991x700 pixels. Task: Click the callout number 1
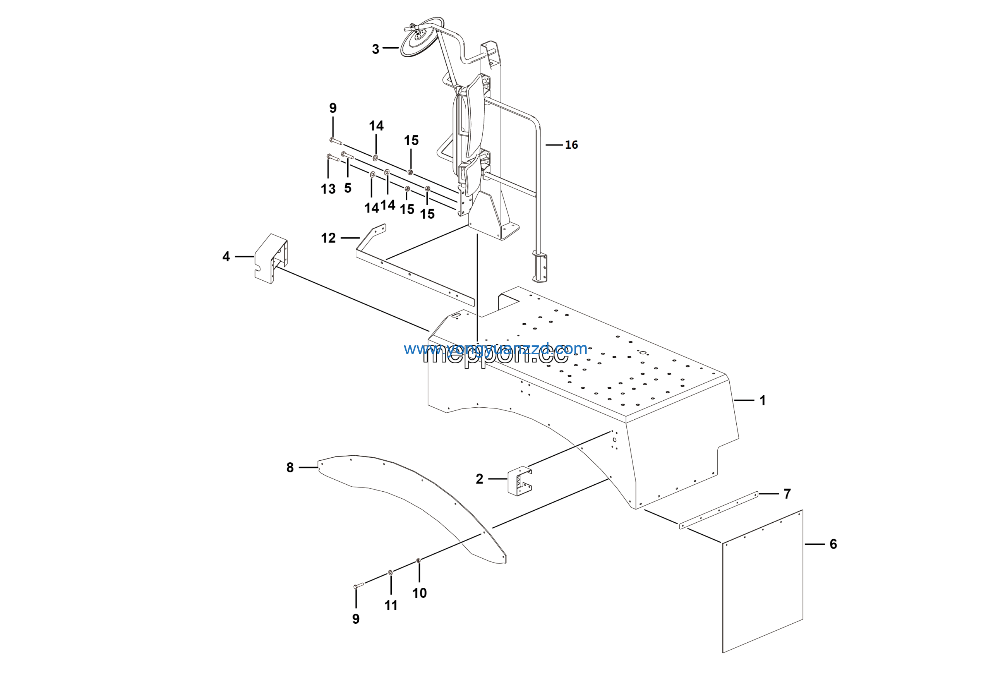[x=763, y=400]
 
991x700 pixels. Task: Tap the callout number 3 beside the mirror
[x=375, y=49]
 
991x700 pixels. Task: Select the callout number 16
[x=571, y=145]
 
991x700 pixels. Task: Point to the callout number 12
[x=328, y=238]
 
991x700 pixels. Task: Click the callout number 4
[x=226, y=257]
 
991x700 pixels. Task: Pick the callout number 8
[x=290, y=467]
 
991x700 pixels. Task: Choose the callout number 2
[x=479, y=479]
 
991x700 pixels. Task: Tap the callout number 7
[x=787, y=494]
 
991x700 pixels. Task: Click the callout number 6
[x=833, y=544]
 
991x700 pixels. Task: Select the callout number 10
[x=420, y=593]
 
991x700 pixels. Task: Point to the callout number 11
[x=391, y=606]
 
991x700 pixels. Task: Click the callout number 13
[x=328, y=189]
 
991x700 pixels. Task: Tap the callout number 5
[x=348, y=188]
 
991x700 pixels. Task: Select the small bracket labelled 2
[x=519, y=481]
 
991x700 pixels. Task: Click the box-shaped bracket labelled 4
[x=271, y=258]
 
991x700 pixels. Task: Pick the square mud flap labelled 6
[x=762, y=583]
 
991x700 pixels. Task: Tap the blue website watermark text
[x=495, y=348]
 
